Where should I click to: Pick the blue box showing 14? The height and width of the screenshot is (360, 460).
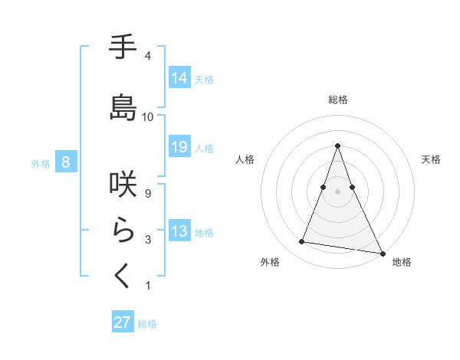179,77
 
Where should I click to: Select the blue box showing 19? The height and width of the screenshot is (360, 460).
179,147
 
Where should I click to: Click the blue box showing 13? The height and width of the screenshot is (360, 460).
179,231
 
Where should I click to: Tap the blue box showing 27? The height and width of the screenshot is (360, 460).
123,322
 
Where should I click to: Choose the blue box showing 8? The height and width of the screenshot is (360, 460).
66,162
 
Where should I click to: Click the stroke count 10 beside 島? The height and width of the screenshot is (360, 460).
148,116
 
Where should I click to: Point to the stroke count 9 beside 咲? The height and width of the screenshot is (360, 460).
148,194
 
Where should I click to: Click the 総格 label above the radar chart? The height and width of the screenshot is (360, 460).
338,100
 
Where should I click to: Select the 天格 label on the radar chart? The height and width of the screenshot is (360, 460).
431,159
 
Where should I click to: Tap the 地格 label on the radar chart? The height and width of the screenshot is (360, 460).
402,262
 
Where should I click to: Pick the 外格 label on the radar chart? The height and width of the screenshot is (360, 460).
270,262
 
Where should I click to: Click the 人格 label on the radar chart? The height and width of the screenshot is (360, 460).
245,159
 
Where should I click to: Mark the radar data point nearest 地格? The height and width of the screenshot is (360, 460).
382,252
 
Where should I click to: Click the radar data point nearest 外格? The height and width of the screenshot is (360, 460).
302,242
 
